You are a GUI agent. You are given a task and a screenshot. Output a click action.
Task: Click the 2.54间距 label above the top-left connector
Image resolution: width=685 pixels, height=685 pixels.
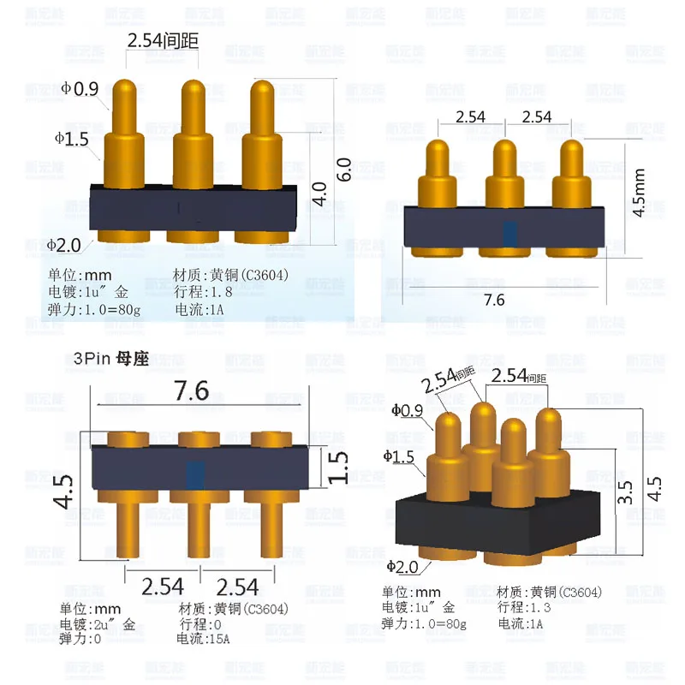[x=163, y=40]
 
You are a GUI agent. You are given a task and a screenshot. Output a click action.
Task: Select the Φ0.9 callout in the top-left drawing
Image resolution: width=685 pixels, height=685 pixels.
[x=80, y=88]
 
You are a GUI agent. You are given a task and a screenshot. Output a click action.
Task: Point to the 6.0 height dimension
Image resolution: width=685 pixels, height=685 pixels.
[x=343, y=169]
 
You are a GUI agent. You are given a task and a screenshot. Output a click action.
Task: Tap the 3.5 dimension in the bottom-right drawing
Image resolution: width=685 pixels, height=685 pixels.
[x=626, y=495]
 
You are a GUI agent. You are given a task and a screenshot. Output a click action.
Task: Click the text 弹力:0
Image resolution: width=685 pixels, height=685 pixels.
[x=86, y=639]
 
